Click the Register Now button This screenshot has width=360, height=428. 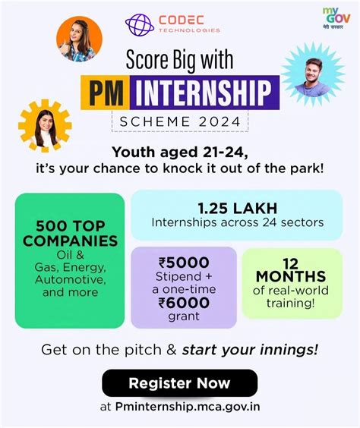pos(180,383)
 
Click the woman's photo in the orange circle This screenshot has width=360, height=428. pos(80,39)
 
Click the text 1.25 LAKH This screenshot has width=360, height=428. pos(237,208)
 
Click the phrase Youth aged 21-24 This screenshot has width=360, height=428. pos(180,150)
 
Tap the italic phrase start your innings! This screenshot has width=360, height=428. pos(250,350)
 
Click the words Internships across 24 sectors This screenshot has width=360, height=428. pos(237,223)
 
